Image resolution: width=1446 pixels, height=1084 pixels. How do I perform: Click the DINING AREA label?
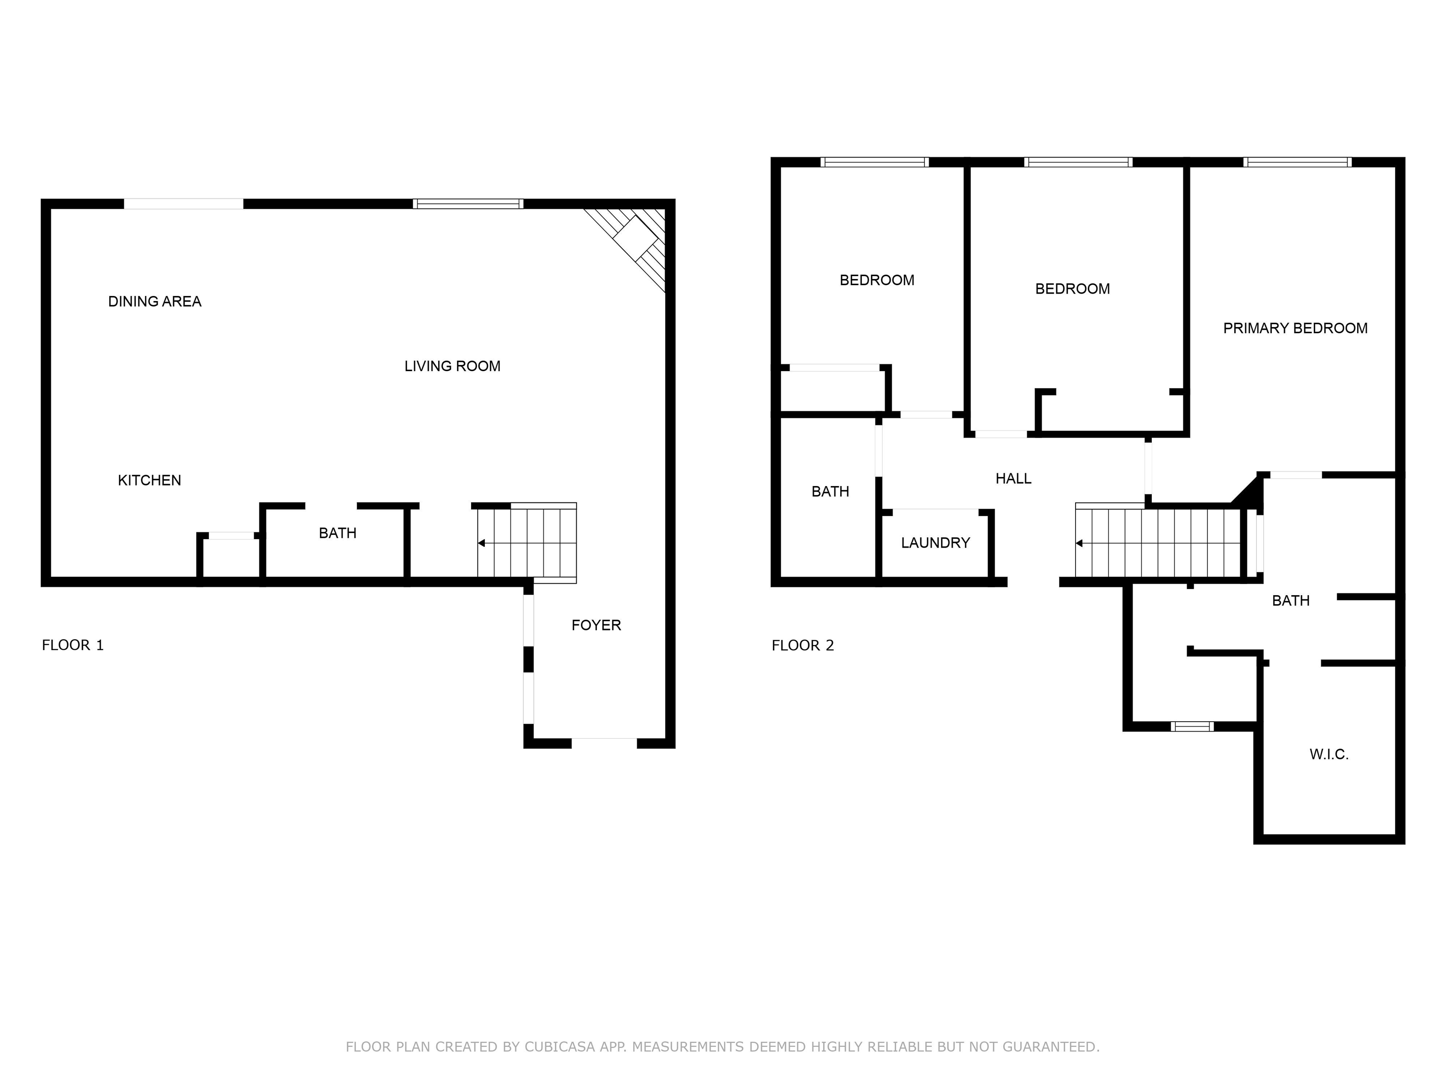pyautogui.click(x=155, y=301)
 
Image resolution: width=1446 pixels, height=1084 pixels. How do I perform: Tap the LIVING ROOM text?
pyautogui.click(x=452, y=366)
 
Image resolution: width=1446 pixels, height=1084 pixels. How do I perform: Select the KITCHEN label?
pyautogui.click(x=149, y=480)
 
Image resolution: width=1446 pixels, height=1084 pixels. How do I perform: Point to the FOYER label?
pyautogui.click(x=596, y=625)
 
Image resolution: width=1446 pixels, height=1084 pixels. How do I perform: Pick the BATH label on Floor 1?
pyautogui.click(x=337, y=533)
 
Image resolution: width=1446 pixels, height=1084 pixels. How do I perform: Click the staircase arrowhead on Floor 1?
pyautogui.click(x=481, y=543)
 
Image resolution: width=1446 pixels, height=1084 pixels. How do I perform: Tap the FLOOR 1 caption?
pyautogui.click(x=72, y=646)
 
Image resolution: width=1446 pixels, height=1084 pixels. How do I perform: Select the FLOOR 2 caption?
pyautogui.click(x=803, y=646)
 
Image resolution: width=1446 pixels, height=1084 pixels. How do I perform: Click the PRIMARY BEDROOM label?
pyautogui.click(x=1295, y=328)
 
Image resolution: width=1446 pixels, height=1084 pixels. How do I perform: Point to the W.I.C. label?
pyautogui.click(x=1329, y=755)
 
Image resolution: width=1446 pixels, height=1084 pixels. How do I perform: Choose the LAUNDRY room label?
pyautogui.click(x=935, y=543)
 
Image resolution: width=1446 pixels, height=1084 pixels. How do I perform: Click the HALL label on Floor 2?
pyautogui.click(x=1013, y=479)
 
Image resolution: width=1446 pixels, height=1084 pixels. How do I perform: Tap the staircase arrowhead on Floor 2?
pyautogui.click(x=1079, y=543)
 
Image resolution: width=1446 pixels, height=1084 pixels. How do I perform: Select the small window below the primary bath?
pyautogui.click(x=1192, y=726)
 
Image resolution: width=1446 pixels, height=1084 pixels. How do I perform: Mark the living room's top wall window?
pyautogui.click(x=468, y=204)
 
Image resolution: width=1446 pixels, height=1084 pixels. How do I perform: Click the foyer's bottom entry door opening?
pyautogui.click(x=604, y=743)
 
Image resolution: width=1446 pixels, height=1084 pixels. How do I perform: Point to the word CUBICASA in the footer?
pyautogui.click(x=560, y=1047)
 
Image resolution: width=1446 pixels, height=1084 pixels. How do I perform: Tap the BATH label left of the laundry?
pyautogui.click(x=830, y=491)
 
